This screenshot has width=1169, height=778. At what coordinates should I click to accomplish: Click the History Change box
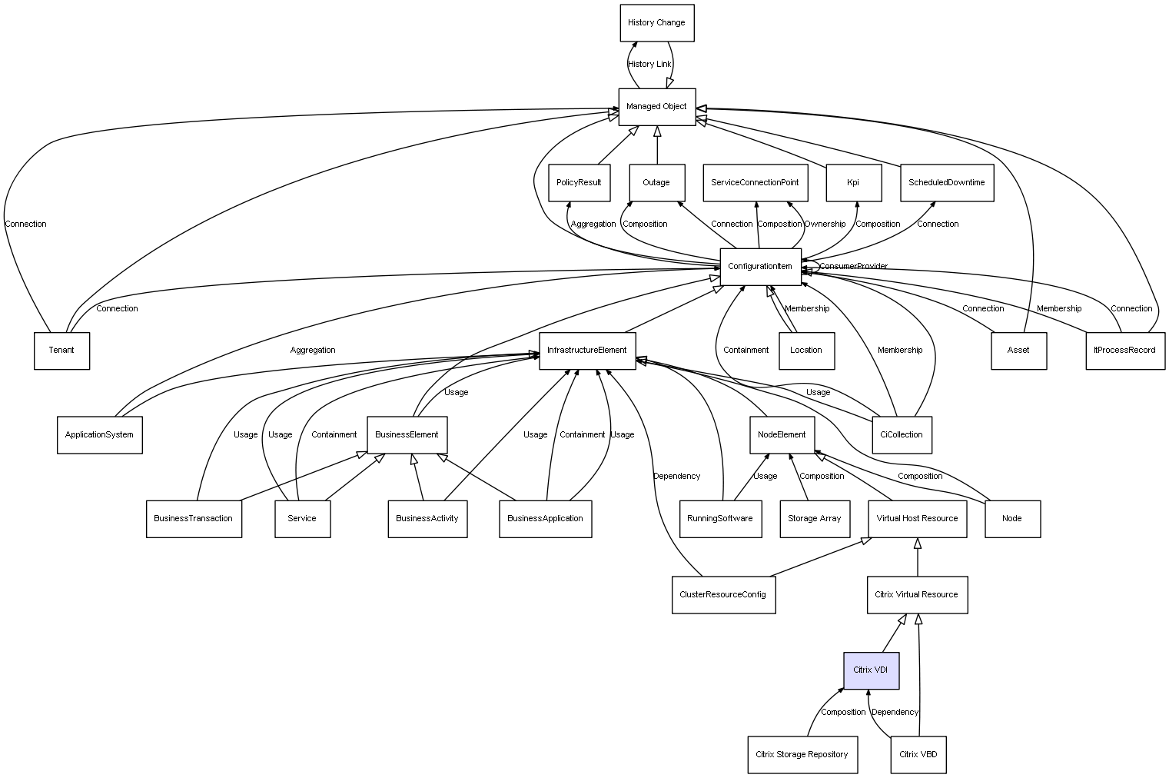pyautogui.click(x=657, y=23)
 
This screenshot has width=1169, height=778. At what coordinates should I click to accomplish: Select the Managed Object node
pyautogui.click(x=657, y=107)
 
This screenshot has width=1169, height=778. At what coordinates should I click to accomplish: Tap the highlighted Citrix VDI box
pyautogui.click(x=871, y=670)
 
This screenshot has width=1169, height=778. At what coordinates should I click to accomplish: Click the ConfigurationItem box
pyautogui.click(x=760, y=267)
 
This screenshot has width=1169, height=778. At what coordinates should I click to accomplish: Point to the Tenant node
pyautogui.click(x=61, y=351)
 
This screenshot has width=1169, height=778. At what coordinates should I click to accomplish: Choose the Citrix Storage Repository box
pyautogui.click(x=802, y=754)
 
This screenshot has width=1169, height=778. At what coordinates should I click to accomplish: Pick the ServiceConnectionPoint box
pyautogui.click(x=756, y=183)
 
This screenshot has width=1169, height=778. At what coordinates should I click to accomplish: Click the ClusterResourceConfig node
pyautogui.click(x=723, y=595)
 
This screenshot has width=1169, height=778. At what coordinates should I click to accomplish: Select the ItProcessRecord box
pyautogui.click(x=1125, y=351)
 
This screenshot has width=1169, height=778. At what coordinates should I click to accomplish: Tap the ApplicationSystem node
pyautogui.click(x=100, y=435)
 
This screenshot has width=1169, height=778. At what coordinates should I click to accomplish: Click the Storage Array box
pyautogui.click(x=815, y=519)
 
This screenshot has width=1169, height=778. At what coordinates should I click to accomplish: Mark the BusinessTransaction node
pyautogui.click(x=194, y=519)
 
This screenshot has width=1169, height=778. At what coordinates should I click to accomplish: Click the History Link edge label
pyautogui.click(x=649, y=65)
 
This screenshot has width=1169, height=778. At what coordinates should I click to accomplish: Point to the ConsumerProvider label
pyautogui.click(x=853, y=266)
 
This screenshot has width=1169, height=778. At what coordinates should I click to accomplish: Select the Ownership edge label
pyautogui.click(x=825, y=224)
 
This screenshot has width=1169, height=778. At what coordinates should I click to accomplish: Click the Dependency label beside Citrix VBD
pyautogui.click(x=895, y=712)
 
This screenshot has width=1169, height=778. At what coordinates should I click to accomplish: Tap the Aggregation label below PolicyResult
pyautogui.click(x=593, y=224)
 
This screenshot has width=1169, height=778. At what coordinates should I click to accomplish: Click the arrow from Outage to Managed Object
pyautogui.click(x=657, y=145)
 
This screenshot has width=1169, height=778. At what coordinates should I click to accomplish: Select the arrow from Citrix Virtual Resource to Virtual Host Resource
pyautogui.click(x=918, y=557)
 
